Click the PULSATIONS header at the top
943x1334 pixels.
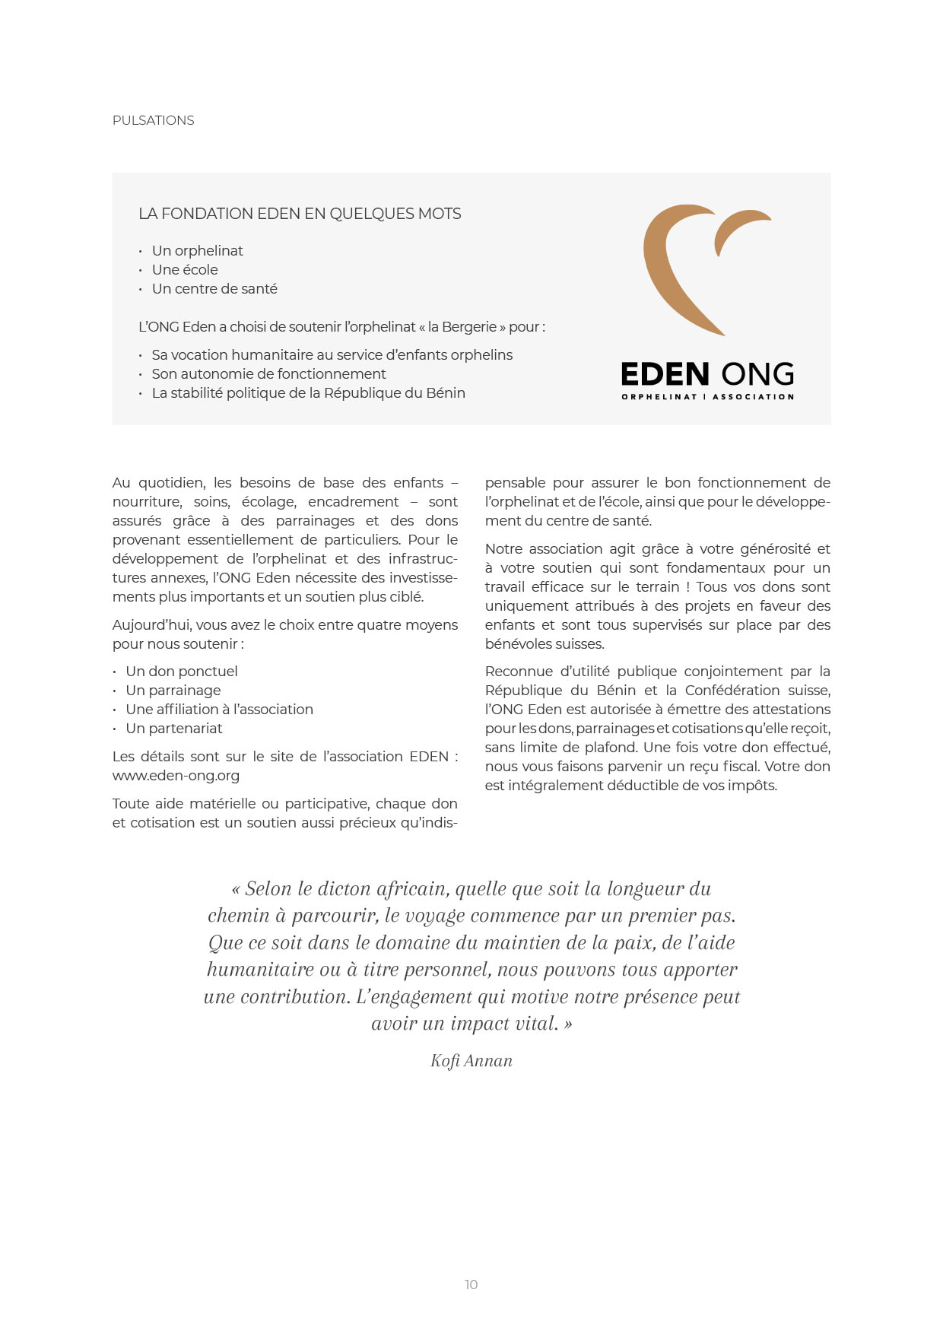click(x=153, y=120)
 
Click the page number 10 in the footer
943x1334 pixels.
click(x=471, y=1285)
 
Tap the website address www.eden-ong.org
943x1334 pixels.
click(x=176, y=776)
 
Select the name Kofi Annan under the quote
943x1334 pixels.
click(x=471, y=1061)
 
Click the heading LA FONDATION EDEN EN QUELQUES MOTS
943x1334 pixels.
click(x=300, y=214)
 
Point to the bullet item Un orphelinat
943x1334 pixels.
click(x=197, y=251)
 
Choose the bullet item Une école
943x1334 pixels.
click(x=185, y=270)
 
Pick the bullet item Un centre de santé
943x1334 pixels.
click(x=214, y=289)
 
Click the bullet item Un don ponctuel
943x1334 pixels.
click(x=182, y=672)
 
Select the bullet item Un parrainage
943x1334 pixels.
click(x=173, y=691)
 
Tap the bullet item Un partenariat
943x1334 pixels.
click(x=174, y=729)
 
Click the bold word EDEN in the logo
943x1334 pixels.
click(x=665, y=374)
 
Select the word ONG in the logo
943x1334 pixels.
click(x=757, y=374)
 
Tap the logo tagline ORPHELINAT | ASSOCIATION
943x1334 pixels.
click(x=707, y=396)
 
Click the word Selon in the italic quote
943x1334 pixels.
click(x=268, y=889)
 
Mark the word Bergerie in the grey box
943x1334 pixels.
click(x=469, y=327)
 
